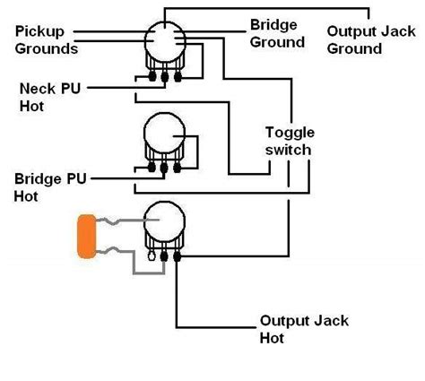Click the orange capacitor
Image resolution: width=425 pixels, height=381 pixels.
[x=87, y=236]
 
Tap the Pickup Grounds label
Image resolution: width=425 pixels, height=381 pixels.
[x=47, y=40]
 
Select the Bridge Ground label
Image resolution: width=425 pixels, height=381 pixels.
[x=277, y=33]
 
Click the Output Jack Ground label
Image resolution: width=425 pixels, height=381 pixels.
[x=371, y=40]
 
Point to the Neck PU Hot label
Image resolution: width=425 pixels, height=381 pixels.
[x=50, y=98]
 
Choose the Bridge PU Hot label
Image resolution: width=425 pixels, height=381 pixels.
[x=50, y=187]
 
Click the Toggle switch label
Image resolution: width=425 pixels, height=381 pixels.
[x=290, y=141]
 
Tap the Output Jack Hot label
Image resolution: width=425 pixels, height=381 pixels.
[x=304, y=329]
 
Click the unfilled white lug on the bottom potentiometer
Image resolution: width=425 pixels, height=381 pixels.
[x=152, y=256]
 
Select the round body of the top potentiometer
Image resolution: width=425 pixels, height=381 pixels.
[x=165, y=42]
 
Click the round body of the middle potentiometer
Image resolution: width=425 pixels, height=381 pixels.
[x=164, y=134]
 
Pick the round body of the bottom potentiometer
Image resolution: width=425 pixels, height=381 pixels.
[x=164, y=221]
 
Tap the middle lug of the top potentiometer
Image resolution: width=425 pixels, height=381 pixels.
[x=165, y=77]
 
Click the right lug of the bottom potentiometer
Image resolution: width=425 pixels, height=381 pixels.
[x=177, y=256]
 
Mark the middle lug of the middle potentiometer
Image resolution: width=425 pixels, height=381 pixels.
[x=164, y=168]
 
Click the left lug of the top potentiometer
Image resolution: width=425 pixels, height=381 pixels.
[x=152, y=77]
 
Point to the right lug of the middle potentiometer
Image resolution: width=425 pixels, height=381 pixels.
[x=177, y=168]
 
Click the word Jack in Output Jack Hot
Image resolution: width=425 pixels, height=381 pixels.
[x=332, y=321]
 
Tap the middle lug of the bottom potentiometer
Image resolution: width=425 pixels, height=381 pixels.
[x=164, y=256]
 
